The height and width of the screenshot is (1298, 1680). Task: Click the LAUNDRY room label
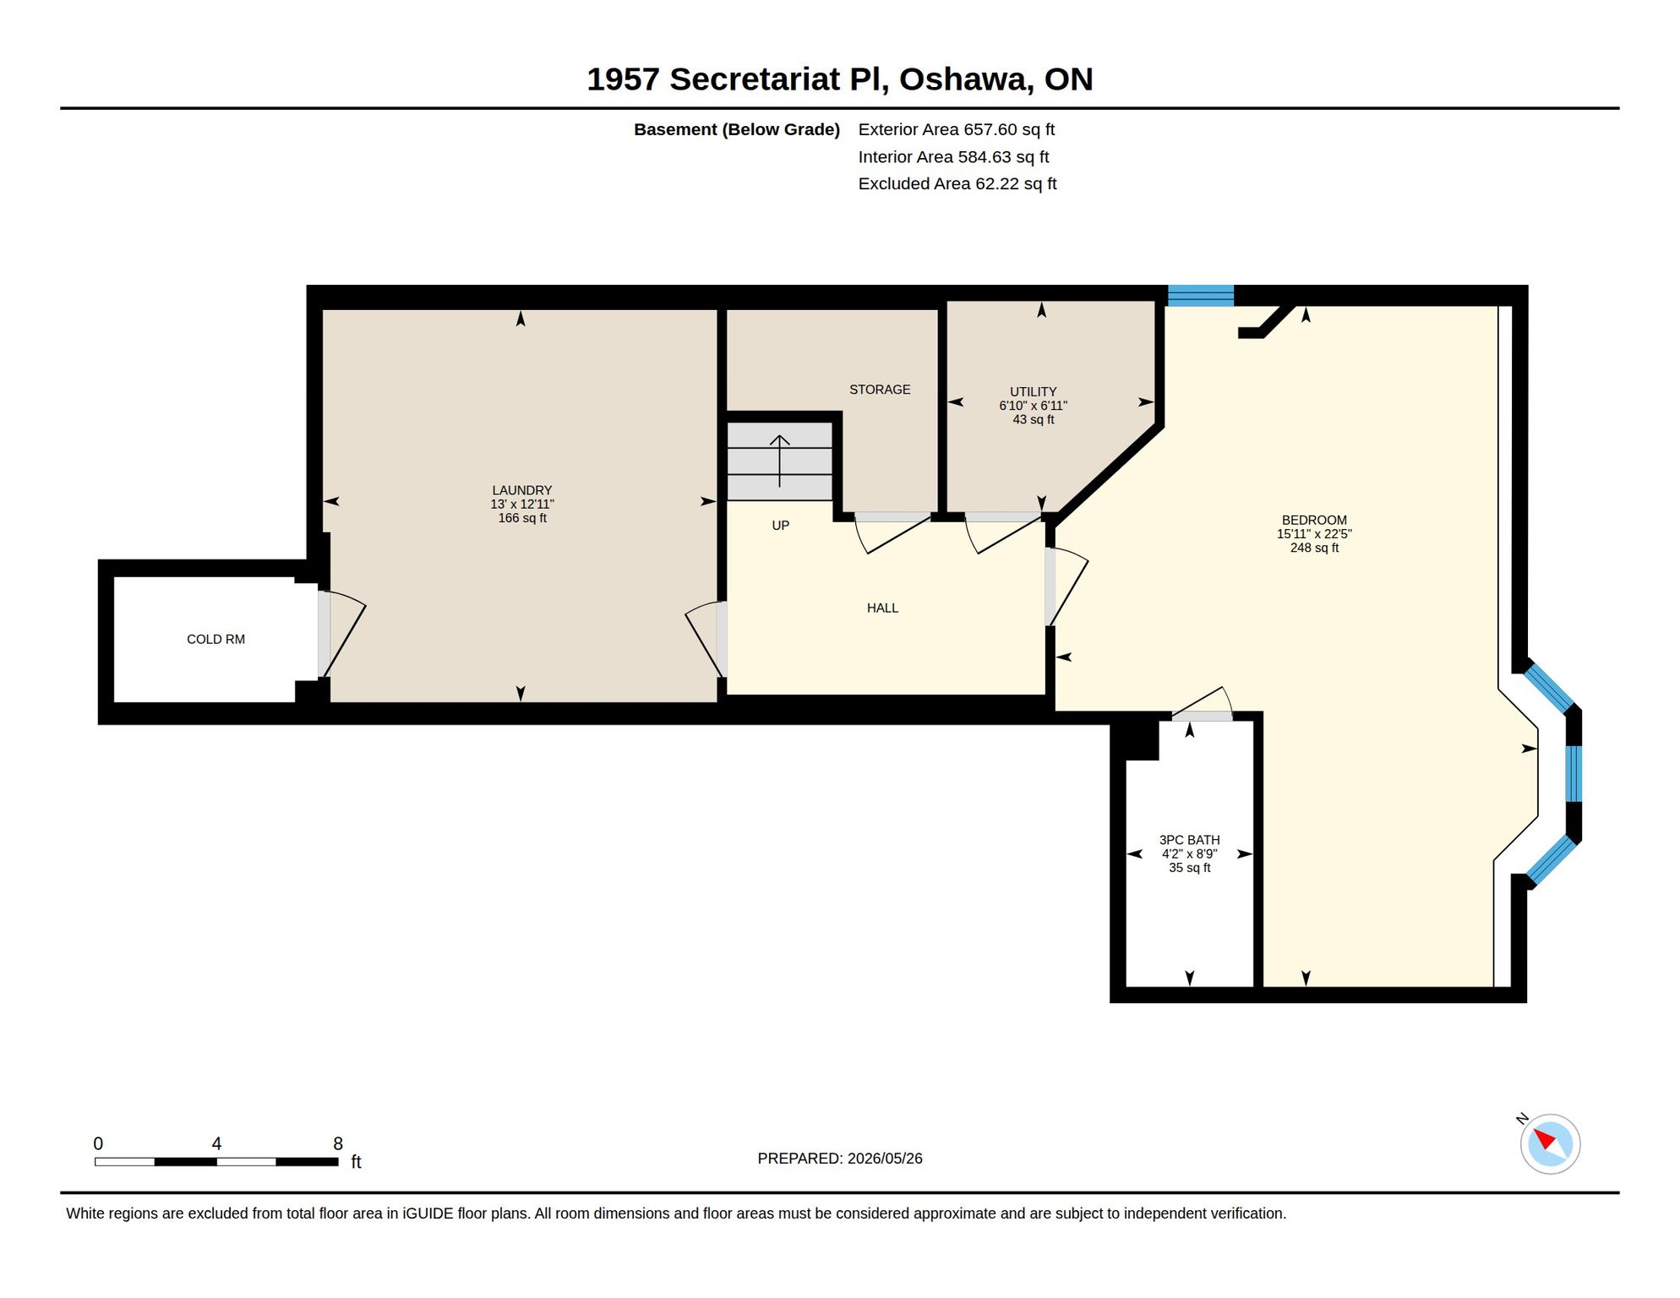coord(522,490)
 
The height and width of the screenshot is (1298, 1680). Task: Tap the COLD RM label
coord(216,640)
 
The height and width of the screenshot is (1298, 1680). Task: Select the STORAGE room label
coord(880,390)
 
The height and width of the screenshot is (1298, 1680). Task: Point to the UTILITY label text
coord(1034,392)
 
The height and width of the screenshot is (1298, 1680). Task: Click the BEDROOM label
coord(1314,521)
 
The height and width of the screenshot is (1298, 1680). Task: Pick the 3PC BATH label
coord(1190,840)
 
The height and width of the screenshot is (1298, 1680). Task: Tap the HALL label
coord(882,608)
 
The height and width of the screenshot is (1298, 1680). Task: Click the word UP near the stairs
coord(781,526)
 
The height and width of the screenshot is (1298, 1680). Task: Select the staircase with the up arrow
coord(780,461)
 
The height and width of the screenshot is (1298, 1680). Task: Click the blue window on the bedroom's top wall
coord(1201,296)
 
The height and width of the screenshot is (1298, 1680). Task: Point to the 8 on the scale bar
coord(338,1143)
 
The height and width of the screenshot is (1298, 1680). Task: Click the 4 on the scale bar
coord(216,1143)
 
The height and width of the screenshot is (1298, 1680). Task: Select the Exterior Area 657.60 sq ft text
coord(957,129)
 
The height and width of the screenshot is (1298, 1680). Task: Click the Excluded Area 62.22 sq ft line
coord(957,183)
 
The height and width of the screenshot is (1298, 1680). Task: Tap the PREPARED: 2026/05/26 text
coord(840,1159)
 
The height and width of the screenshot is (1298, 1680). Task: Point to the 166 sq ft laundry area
coord(522,518)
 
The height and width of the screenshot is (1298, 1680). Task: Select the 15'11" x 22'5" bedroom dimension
coord(1314,534)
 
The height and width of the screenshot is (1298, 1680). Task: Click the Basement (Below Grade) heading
coord(737,129)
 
